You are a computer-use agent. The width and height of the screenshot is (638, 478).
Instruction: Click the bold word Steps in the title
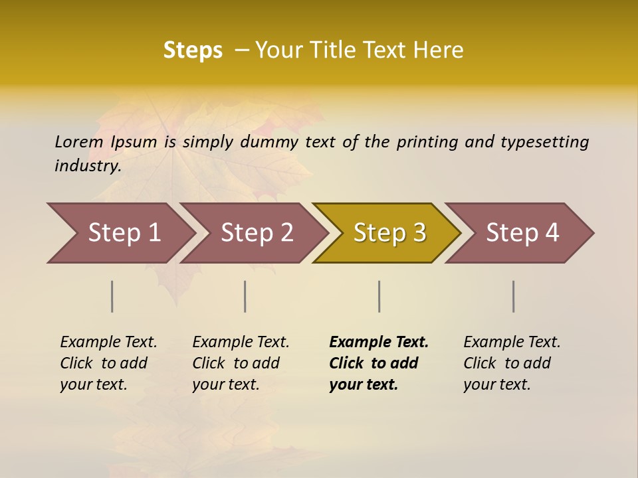point(193,50)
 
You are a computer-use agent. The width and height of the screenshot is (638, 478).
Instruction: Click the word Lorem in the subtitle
point(79,141)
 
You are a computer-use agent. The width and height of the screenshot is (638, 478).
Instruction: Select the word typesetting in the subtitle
point(544,141)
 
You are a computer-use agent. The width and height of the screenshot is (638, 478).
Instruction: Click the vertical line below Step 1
point(112,296)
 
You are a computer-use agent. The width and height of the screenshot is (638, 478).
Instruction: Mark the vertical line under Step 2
point(245,296)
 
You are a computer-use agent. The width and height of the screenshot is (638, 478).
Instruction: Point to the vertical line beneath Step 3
point(379,296)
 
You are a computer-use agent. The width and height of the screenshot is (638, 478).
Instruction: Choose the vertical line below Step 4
point(514,296)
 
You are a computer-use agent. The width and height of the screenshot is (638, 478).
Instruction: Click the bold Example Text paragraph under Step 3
point(379,363)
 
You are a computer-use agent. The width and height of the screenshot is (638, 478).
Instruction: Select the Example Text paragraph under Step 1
point(108,363)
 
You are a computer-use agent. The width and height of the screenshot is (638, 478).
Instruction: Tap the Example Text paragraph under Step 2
point(241,363)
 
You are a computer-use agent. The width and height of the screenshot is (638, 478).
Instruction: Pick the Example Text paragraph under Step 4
point(512,363)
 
